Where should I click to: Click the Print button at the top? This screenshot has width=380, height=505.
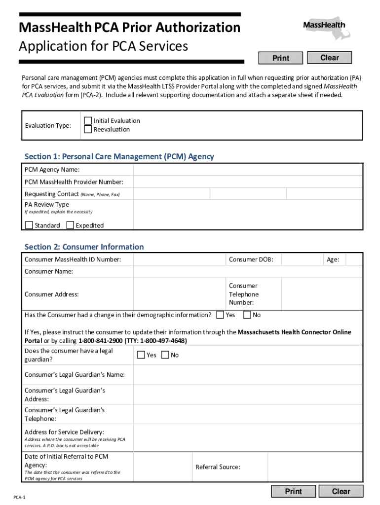(x=281, y=58)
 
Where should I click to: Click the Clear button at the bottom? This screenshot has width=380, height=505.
(x=341, y=491)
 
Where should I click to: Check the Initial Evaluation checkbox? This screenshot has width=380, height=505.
(x=88, y=121)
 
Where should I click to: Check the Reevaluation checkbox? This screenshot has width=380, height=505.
(x=88, y=130)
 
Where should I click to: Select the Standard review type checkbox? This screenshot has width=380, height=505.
(x=29, y=225)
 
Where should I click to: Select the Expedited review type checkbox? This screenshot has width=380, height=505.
(x=70, y=225)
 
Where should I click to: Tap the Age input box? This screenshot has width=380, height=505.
(x=353, y=259)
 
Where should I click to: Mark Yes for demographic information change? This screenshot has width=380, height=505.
(x=220, y=315)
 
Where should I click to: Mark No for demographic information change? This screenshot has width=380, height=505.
(x=247, y=315)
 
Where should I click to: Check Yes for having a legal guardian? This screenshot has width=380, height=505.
(x=141, y=355)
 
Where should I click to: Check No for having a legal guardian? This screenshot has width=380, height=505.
(x=165, y=355)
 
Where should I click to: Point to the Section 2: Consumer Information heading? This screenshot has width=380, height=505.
(x=84, y=247)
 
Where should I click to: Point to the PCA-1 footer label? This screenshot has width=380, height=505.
(x=19, y=498)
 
